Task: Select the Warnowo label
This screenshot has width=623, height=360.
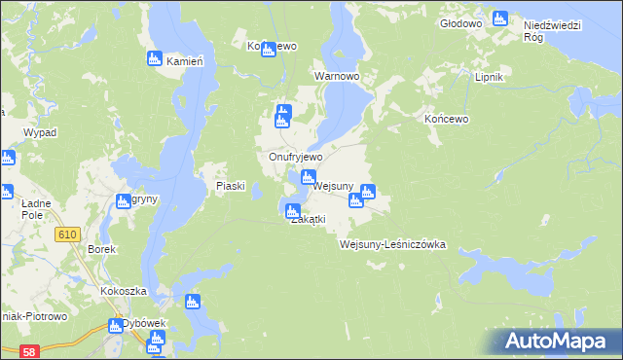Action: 337,75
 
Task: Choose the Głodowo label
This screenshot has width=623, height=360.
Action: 461,22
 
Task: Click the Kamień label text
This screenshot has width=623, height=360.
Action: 184,61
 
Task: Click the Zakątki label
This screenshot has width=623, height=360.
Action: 308,220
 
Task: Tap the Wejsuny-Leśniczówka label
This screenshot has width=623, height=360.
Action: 392,244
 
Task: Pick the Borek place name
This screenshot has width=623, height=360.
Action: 102,249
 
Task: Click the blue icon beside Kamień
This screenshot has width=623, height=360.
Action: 154,59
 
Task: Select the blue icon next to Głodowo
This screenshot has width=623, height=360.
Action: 500,18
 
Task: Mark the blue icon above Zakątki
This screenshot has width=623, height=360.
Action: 291,208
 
